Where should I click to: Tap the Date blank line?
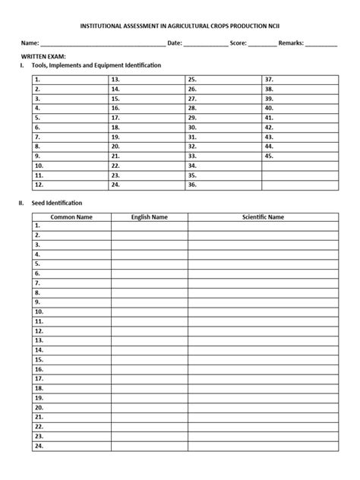point(205,44)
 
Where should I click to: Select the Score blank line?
point(262,44)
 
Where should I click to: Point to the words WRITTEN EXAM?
point(43,57)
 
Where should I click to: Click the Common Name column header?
point(71,216)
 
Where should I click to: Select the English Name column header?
point(149,216)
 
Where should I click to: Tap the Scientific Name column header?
point(263,216)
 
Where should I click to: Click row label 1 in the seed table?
point(36,226)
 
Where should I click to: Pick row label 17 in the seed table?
point(39,378)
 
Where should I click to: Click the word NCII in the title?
point(283,25)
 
